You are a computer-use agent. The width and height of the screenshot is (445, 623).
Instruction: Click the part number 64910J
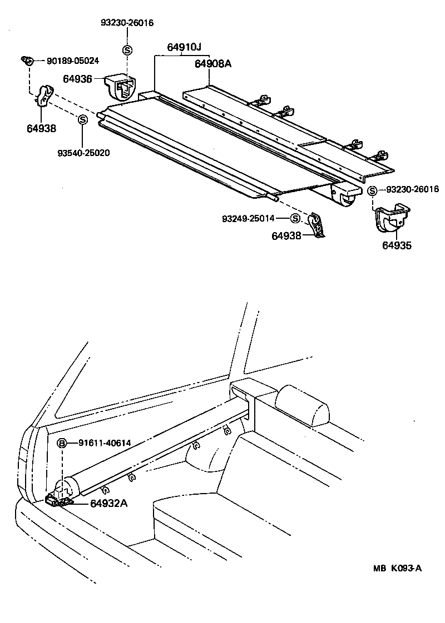(x=184, y=48)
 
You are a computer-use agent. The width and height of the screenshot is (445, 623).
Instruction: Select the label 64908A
(x=212, y=64)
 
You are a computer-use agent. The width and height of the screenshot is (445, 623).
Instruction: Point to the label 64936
(x=77, y=79)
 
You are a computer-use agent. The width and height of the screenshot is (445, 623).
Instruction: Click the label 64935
(x=397, y=245)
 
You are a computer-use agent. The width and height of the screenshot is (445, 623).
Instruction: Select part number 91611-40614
(x=105, y=443)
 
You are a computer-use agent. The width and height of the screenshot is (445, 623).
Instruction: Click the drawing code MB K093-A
(x=397, y=568)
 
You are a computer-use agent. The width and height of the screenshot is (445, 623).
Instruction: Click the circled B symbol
(x=63, y=443)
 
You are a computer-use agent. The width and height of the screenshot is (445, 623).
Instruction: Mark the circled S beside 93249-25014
(x=295, y=218)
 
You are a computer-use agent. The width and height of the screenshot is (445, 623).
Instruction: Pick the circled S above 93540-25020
(x=82, y=119)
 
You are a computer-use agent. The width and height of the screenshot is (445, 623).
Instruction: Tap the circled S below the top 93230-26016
(x=127, y=51)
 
